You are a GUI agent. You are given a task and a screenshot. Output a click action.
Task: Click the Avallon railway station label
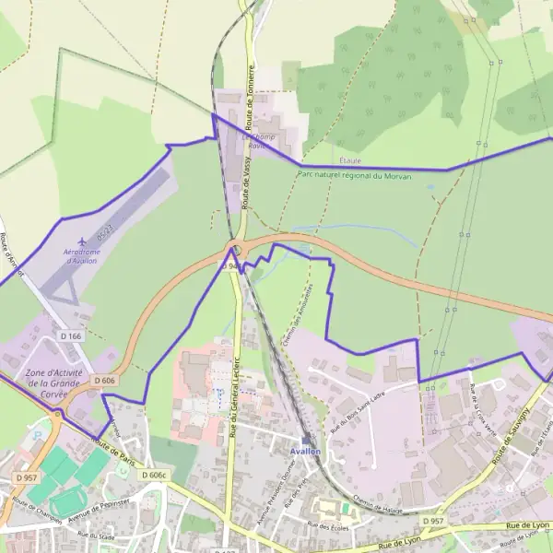(304, 452)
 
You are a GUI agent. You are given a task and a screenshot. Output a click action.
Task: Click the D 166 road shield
(71, 336)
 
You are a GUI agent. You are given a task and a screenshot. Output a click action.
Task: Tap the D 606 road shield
(104, 381)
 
